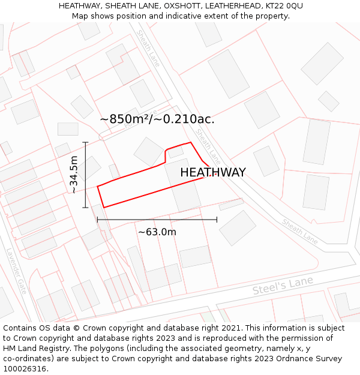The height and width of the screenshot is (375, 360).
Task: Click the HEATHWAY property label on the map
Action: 213,172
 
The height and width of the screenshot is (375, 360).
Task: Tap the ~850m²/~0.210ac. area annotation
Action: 157,119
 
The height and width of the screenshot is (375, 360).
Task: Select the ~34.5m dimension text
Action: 74,175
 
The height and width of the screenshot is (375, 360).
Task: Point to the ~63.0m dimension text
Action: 157,232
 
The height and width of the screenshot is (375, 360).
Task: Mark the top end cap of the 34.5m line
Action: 86,142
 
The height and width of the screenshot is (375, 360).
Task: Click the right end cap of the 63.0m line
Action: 217,220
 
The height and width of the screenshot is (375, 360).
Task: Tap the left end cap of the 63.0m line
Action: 97,220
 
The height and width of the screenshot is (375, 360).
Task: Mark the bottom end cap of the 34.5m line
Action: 86,208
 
